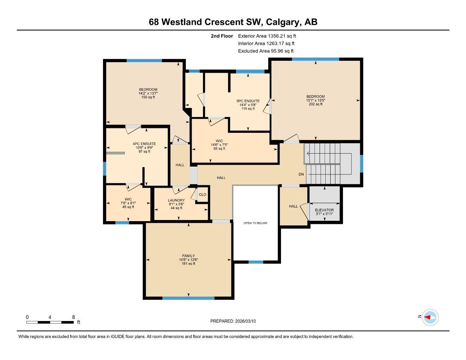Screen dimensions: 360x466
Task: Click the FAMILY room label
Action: click(189, 256)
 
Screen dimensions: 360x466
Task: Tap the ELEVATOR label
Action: click(324, 210)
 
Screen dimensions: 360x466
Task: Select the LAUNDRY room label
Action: click(176, 200)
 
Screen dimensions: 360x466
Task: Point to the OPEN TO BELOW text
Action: click(255, 223)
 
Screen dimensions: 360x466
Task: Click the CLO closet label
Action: click(203, 195)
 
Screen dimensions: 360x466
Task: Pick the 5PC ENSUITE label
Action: click(248, 101)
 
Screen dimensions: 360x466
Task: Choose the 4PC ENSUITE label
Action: click(144, 144)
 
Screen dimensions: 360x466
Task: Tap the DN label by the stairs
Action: click(301, 174)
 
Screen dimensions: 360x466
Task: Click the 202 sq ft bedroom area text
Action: click(315, 104)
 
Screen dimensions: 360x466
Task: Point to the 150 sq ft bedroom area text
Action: click(148, 97)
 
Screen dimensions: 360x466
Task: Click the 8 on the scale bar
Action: click(74, 317)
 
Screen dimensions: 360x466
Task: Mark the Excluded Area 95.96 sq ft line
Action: click(266, 51)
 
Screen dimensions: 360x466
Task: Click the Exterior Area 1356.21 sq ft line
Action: click(267, 36)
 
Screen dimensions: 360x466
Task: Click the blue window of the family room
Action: click(189, 298)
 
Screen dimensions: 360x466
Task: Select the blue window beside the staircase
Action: click(361, 164)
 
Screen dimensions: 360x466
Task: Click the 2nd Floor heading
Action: click(222, 36)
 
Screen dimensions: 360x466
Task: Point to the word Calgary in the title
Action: click(283, 22)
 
